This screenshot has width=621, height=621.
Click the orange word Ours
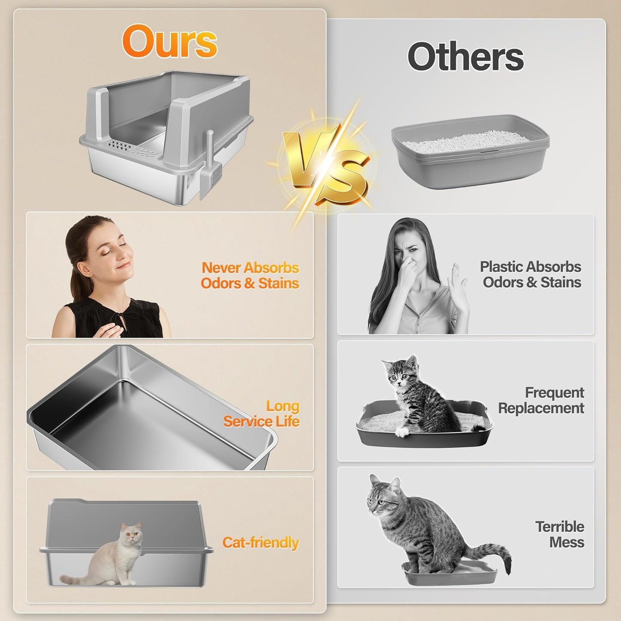point(170,41)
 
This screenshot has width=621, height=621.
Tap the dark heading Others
point(465,57)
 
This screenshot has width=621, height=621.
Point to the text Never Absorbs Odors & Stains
point(250,275)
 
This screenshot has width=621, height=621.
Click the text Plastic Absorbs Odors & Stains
point(531,274)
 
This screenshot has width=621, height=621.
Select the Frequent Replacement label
point(541,400)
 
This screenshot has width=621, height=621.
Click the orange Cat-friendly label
point(260,542)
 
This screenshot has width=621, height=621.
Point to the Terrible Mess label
point(560,534)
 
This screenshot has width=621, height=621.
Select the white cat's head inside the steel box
point(131,534)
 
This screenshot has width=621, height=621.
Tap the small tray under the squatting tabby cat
point(449,574)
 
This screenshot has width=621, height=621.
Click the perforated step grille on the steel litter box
point(129,149)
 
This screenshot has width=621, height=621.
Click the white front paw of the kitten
point(401,432)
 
